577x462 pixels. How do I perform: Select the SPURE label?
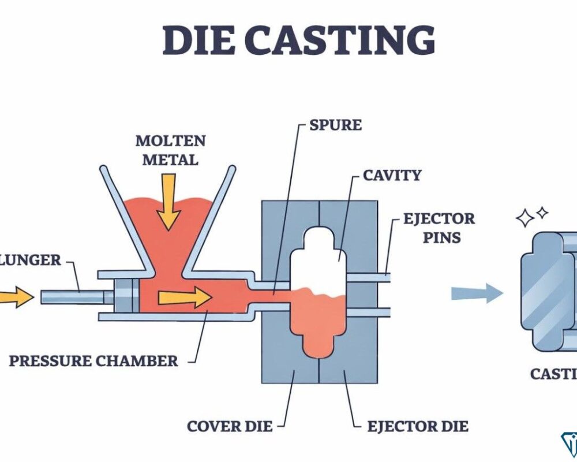click(x=335, y=125)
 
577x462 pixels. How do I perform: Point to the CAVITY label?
click(x=392, y=175)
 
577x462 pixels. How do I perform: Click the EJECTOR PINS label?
click(x=431, y=228)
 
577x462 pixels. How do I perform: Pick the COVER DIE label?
click(x=228, y=427)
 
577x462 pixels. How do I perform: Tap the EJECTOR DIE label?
click(x=418, y=427)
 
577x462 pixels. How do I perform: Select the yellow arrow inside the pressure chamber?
click(x=184, y=297)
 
